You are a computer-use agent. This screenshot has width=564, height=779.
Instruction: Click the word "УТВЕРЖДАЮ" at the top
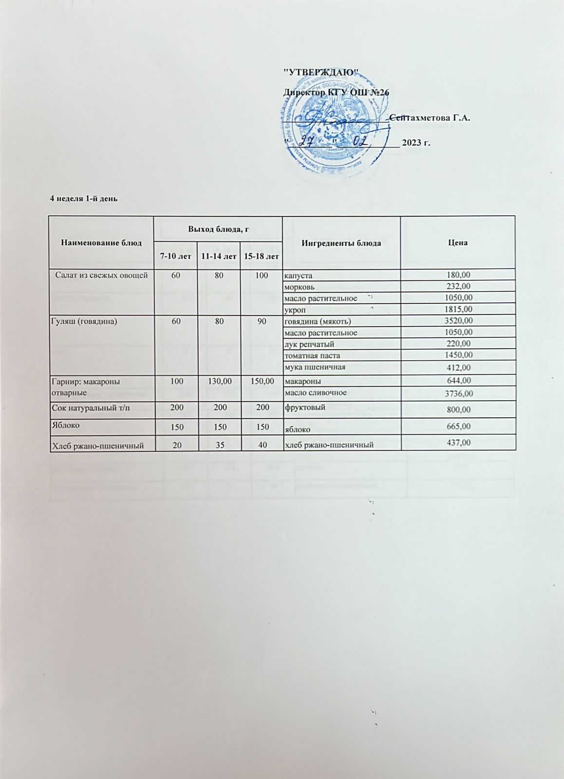pyautogui.click(x=321, y=73)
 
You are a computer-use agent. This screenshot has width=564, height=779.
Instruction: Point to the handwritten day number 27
pyautogui.click(x=306, y=141)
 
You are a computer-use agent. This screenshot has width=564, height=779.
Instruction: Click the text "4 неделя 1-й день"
pyautogui.click(x=84, y=198)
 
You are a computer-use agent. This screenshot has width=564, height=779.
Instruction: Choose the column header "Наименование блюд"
pyautogui.click(x=101, y=242)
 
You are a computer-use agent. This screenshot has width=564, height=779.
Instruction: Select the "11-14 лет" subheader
pyautogui.click(x=219, y=256)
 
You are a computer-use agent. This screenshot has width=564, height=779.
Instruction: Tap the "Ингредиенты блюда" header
pyautogui.click(x=341, y=242)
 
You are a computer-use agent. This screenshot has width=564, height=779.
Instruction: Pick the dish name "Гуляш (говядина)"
pyautogui.click(x=85, y=321)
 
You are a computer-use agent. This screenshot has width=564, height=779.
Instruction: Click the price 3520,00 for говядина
pyautogui.click(x=458, y=321)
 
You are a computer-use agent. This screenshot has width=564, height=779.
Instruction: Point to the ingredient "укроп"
pyautogui.click(x=295, y=310)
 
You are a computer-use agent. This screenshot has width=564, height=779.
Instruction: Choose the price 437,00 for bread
pyautogui.click(x=458, y=443)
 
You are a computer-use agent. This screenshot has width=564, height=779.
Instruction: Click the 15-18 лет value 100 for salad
pyautogui.click(x=262, y=276)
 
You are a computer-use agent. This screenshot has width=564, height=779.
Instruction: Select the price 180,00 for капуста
pyautogui.click(x=458, y=276)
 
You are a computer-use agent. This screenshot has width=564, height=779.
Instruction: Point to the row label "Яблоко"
pyautogui.click(x=65, y=425)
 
